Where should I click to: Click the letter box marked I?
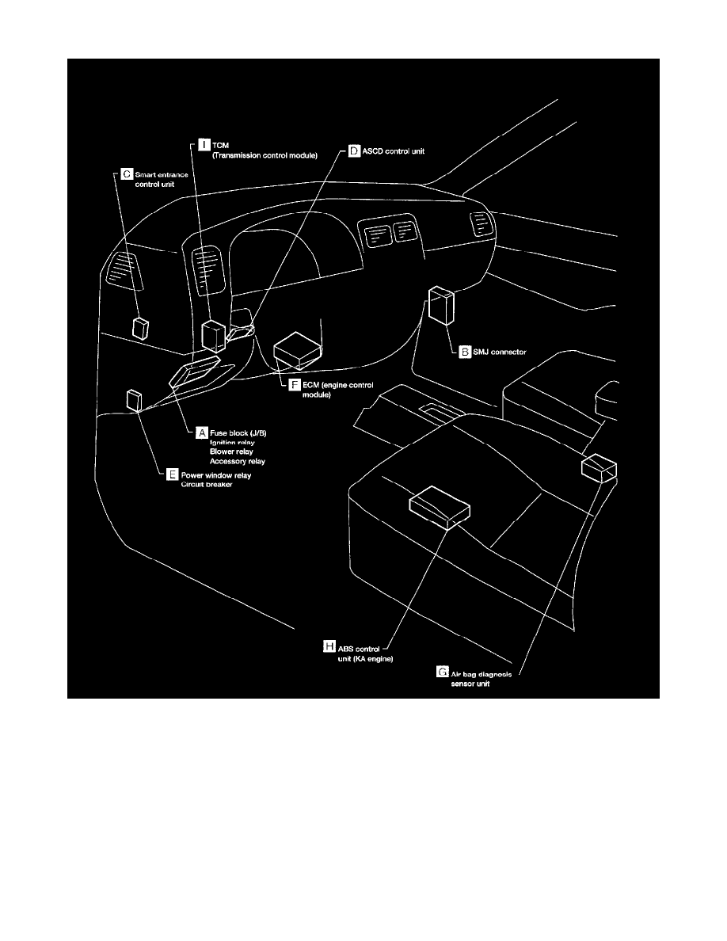click(204, 145)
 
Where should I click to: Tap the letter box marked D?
click(354, 149)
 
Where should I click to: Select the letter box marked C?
click(126, 173)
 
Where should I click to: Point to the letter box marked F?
click(295, 384)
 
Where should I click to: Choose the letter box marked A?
click(202, 432)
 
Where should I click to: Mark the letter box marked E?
click(172, 475)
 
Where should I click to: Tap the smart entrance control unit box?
click(141, 328)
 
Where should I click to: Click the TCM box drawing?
click(212, 335)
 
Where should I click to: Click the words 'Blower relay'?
click(232, 451)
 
